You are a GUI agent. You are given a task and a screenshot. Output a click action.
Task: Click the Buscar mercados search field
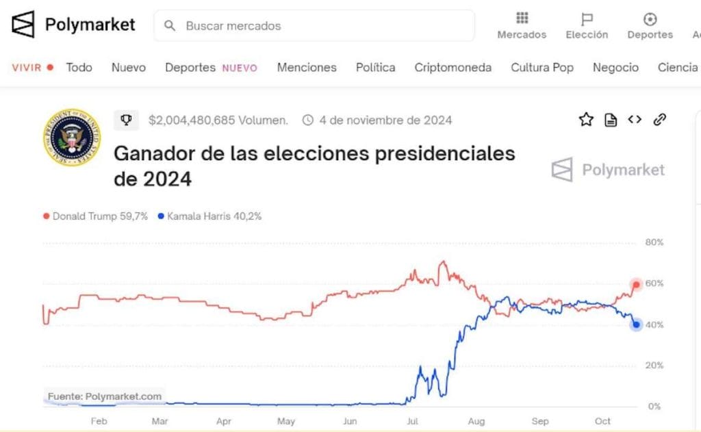click(x=314, y=26)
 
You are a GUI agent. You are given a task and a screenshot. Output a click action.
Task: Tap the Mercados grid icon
click(x=522, y=18)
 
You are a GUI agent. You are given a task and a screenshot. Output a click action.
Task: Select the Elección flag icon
click(x=587, y=19)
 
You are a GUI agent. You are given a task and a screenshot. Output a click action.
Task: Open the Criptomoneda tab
click(x=453, y=67)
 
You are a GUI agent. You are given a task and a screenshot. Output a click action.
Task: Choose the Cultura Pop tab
click(x=541, y=67)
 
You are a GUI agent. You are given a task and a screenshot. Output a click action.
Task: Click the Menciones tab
click(x=307, y=67)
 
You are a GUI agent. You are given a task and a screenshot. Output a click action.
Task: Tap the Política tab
click(x=375, y=67)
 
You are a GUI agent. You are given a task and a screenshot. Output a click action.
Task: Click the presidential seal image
click(x=71, y=137)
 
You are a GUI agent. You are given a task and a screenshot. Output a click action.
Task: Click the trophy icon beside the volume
click(x=126, y=120)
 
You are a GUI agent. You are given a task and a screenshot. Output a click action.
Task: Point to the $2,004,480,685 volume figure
click(x=218, y=120)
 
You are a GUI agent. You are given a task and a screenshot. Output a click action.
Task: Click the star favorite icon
click(x=586, y=120)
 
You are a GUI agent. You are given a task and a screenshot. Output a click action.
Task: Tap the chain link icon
click(x=660, y=120)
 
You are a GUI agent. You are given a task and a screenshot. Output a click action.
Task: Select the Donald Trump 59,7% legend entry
click(x=96, y=216)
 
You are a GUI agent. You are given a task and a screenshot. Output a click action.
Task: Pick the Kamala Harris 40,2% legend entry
click(x=209, y=216)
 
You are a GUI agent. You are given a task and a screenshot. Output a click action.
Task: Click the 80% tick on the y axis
click(x=654, y=242)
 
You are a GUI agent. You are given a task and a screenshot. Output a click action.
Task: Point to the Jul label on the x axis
click(x=413, y=421)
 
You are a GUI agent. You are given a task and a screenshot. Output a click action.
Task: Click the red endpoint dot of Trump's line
click(x=637, y=284)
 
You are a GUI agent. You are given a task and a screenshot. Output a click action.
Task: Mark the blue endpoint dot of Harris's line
click(x=637, y=325)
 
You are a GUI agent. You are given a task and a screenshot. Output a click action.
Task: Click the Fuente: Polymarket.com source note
click(x=105, y=396)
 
